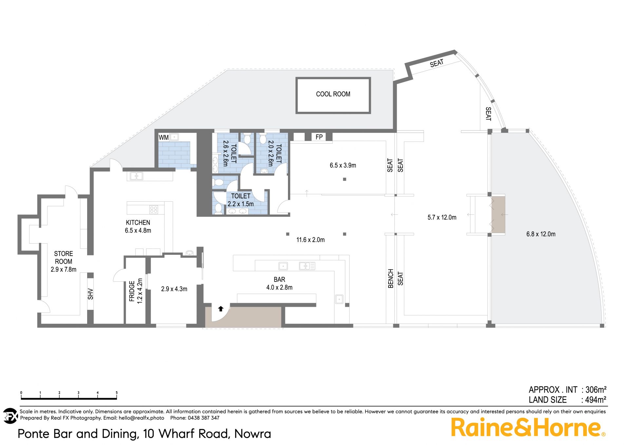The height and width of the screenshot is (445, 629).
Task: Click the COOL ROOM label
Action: pyautogui.click(x=333, y=94)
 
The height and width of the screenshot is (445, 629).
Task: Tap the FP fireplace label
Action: pyautogui.click(x=319, y=137)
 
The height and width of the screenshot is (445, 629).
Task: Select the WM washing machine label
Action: pyautogui.click(x=163, y=138)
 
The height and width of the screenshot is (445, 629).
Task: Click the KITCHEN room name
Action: pyautogui.click(x=138, y=223)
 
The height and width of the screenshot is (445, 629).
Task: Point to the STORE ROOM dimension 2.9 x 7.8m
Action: pyautogui.click(x=64, y=270)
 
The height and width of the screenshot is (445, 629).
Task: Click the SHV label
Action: pyautogui.click(x=90, y=294)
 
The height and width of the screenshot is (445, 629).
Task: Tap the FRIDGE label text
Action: pyautogui.click(x=132, y=291)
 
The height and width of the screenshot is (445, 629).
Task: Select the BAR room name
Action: pyautogui.click(x=279, y=280)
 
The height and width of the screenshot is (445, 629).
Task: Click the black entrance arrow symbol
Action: pyautogui.click(x=221, y=309)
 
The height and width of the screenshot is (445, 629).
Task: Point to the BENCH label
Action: pyautogui.click(x=391, y=279)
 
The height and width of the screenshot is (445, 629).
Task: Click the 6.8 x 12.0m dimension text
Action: pyautogui.click(x=541, y=234)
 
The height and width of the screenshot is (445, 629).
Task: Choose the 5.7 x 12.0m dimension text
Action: pyautogui.click(x=442, y=217)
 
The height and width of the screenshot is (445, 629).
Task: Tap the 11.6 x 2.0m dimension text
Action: pyautogui.click(x=311, y=240)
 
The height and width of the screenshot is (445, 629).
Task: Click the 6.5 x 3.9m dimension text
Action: pyautogui.click(x=343, y=166)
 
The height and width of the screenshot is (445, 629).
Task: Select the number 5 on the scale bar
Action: pyautogui.click(x=117, y=393)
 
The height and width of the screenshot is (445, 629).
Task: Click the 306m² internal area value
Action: pyautogui.click(x=596, y=390)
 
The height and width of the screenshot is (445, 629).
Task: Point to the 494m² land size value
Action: pyautogui.click(x=596, y=400)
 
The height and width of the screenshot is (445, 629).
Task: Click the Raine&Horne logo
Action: pyautogui.click(x=528, y=427)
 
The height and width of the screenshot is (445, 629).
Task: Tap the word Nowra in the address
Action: pyautogui.click(x=253, y=434)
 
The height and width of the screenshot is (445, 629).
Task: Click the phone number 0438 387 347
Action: pyautogui.click(x=203, y=418)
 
